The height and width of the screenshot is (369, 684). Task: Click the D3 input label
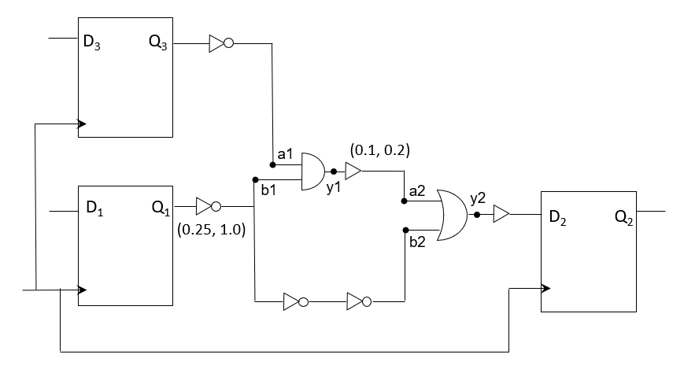(x=91, y=42)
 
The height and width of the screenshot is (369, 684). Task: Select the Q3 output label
(x=157, y=42)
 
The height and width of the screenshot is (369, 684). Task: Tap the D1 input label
(x=94, y=209)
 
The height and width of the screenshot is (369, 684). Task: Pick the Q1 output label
(x=160, y=209)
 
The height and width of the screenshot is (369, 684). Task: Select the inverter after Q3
(x=220, y=43)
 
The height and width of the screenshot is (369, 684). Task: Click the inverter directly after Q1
(x=207, y=206)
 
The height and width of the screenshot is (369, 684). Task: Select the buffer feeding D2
(x=501, y=214)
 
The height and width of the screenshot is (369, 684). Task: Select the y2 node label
(x=478, y=200)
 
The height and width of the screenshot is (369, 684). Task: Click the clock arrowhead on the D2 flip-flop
(x=545, y=288)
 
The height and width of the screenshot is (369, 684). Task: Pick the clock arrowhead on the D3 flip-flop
(x=81, y=124)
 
